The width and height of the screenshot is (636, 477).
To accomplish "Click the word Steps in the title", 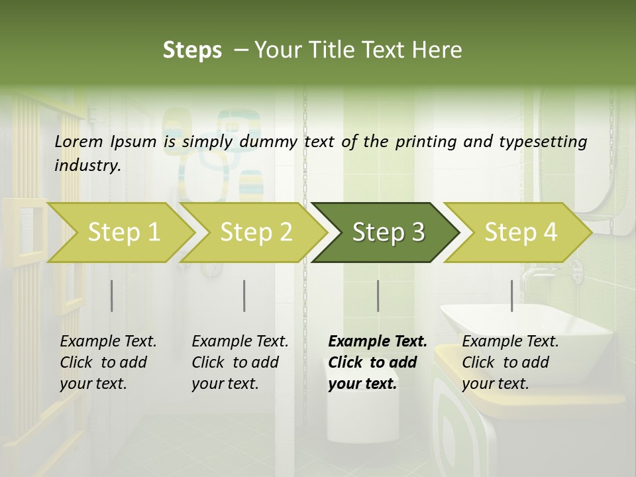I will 192,50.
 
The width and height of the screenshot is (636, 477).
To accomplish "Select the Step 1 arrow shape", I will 123,233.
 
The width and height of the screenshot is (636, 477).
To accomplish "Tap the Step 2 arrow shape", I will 256,233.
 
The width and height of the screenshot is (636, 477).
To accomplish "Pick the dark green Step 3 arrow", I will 388,233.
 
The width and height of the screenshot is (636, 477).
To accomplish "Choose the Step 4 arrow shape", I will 520,233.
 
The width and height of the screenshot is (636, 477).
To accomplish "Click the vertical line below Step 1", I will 112,295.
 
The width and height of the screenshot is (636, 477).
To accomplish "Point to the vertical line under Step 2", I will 244,295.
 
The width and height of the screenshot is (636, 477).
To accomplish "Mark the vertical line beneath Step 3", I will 378,295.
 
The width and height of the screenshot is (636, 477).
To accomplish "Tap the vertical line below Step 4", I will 512,295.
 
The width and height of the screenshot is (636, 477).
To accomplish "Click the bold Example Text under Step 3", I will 377,362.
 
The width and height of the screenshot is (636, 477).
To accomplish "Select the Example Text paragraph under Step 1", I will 108,362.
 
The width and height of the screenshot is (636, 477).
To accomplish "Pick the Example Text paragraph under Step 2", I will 240,362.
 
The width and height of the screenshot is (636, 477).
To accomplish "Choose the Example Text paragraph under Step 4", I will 510,362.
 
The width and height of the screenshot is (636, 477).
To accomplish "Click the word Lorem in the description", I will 79,141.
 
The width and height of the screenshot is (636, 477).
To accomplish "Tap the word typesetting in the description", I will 549,141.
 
